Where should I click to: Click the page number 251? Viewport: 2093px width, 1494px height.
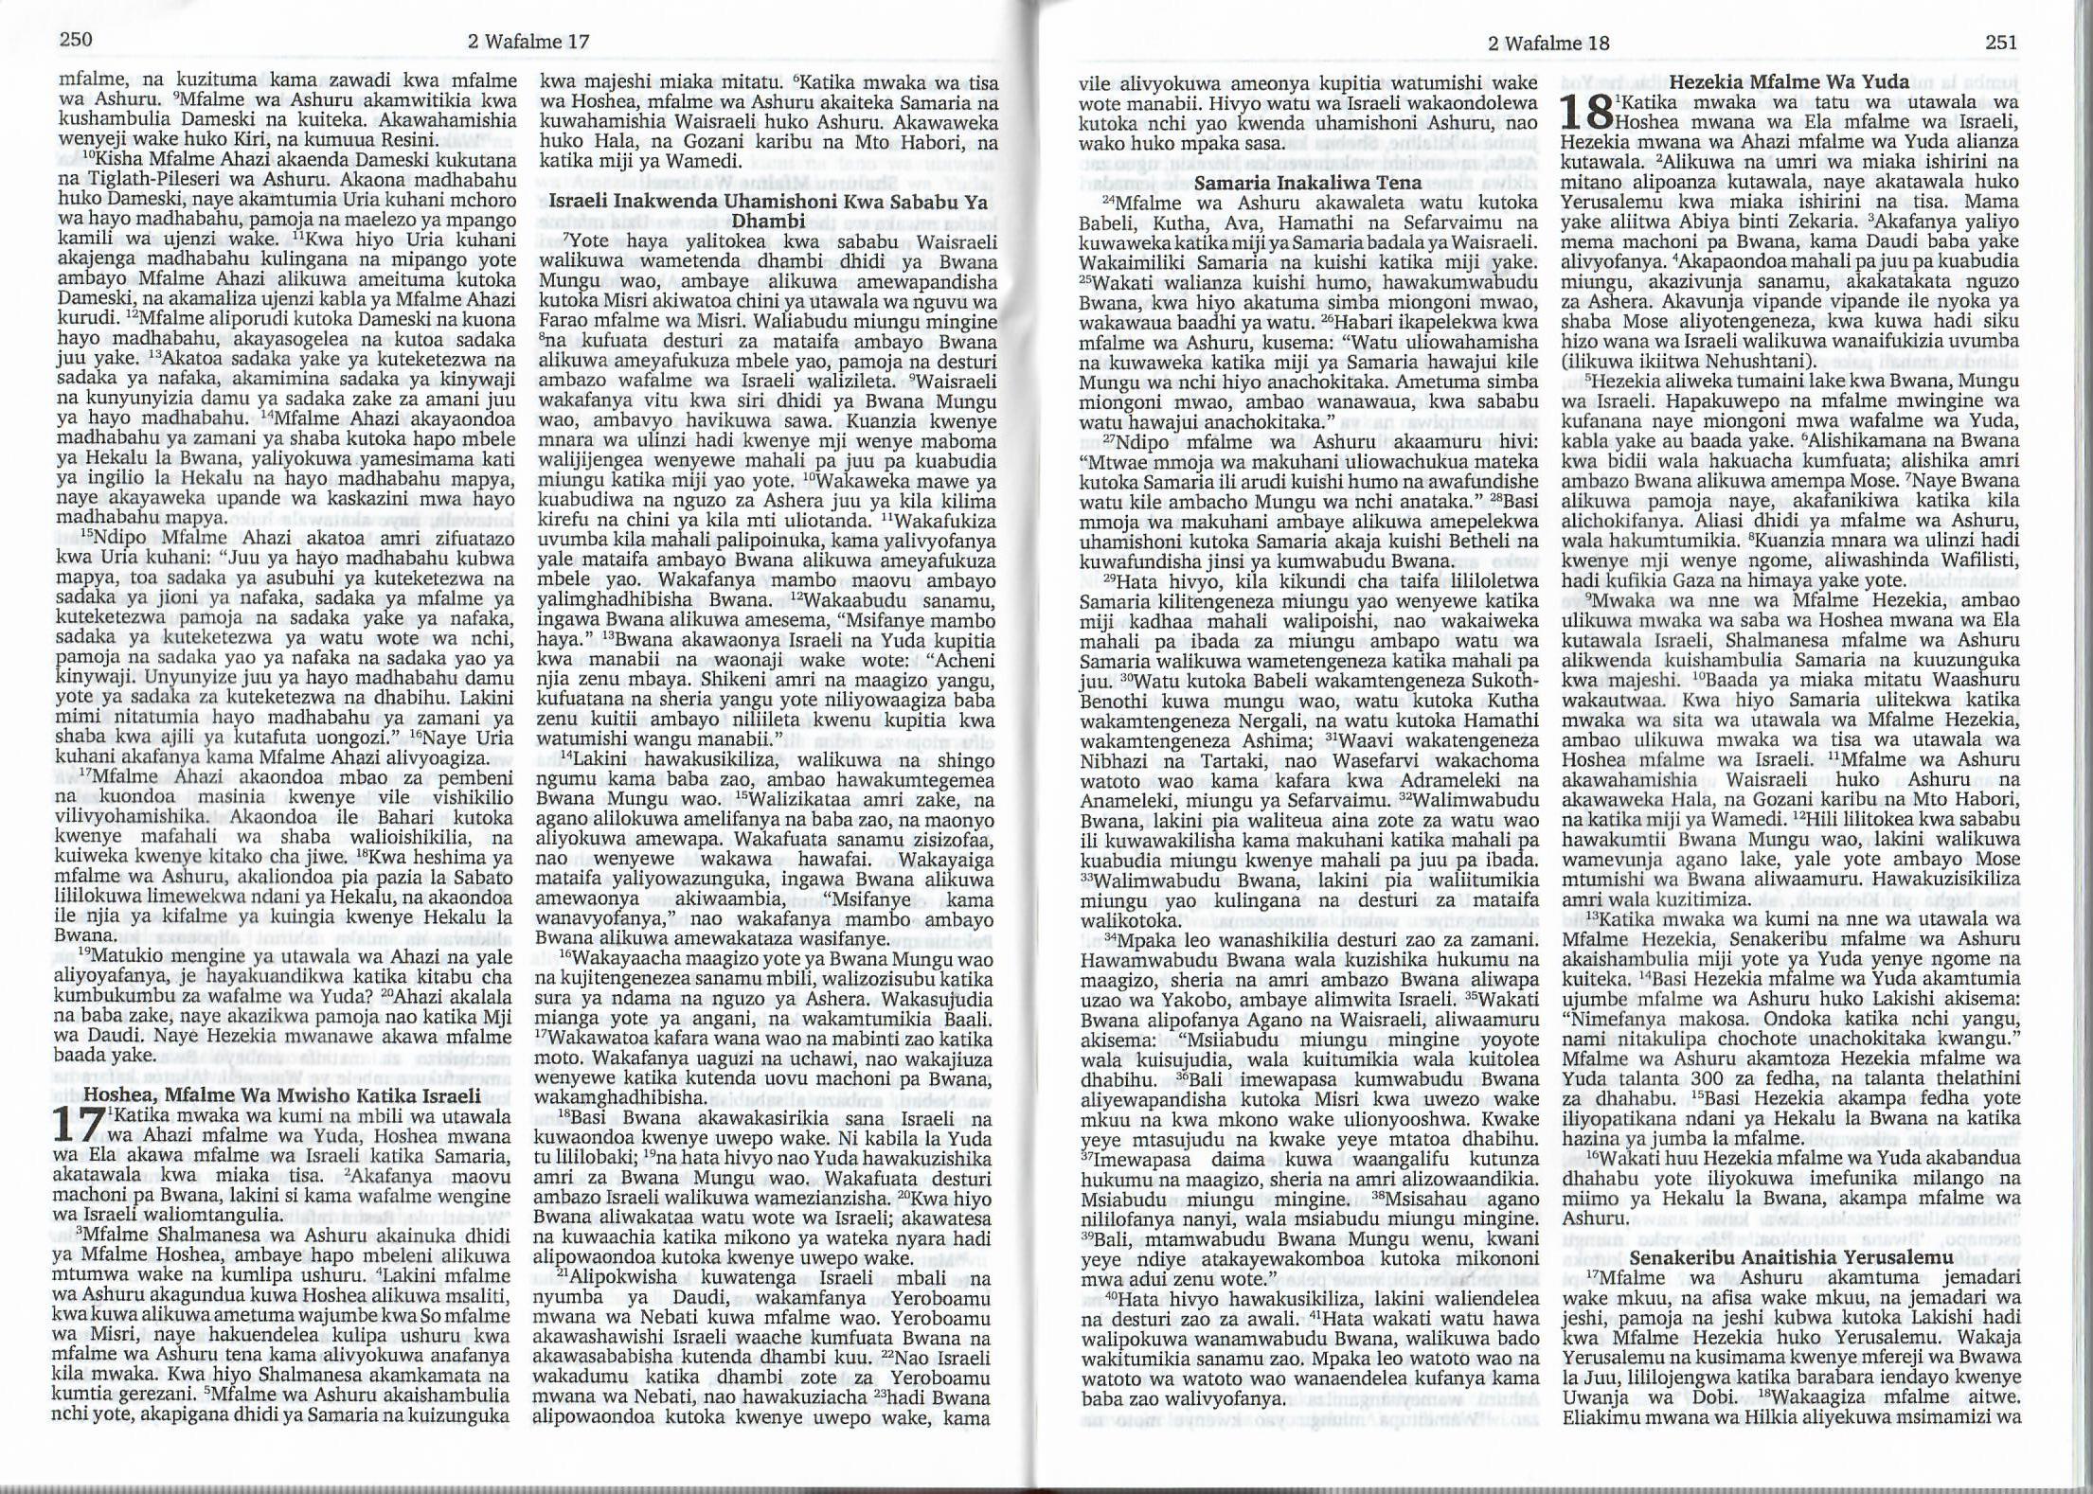coord(2000,43)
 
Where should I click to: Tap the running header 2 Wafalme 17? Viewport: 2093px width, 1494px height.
coord(528,42)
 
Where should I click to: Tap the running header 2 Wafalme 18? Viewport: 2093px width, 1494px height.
coord(1548,43)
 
